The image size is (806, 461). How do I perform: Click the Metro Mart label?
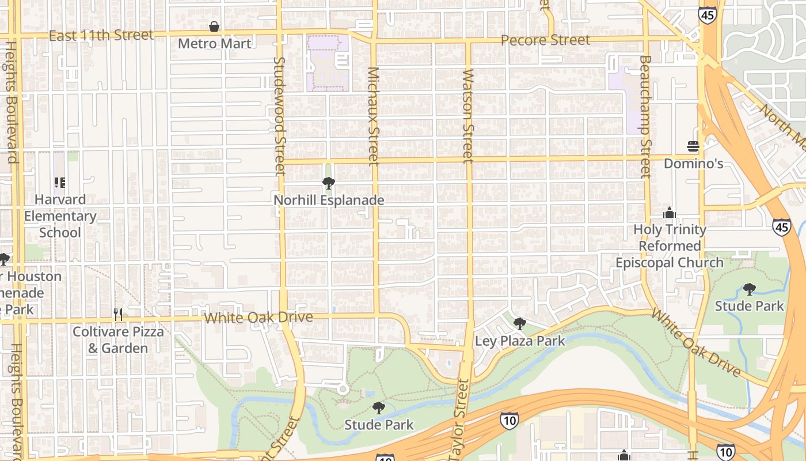tap(214, 43)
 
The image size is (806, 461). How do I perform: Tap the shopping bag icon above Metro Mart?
tap(214, 27)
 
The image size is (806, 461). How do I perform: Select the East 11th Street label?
tap(101, 36)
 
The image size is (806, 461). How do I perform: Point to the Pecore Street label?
tap(545, 40)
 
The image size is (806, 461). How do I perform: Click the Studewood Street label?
tap(279, 115)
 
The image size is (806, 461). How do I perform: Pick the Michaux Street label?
tap(374, 115)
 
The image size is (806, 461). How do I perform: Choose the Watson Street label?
tap(468, 115)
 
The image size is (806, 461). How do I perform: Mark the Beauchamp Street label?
tap(645, 115)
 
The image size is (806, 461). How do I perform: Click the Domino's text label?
tap(693, 164)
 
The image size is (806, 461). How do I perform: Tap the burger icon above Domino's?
tap(693, 146)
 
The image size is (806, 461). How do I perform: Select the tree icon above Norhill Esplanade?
tap(329, 183)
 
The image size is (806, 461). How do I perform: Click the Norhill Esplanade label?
tap(329, 201)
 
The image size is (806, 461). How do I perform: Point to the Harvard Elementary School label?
tap(60, 216)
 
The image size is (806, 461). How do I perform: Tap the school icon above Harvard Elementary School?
tap(60, 183)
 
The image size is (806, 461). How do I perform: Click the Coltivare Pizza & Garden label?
tap(118, 340)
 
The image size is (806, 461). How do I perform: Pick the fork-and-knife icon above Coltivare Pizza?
tap(118, 314)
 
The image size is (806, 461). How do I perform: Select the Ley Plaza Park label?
tap(520, 341)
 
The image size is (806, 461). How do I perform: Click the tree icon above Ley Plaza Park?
tap(520, 324)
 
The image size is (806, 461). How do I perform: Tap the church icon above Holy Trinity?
tap(669, 213)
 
